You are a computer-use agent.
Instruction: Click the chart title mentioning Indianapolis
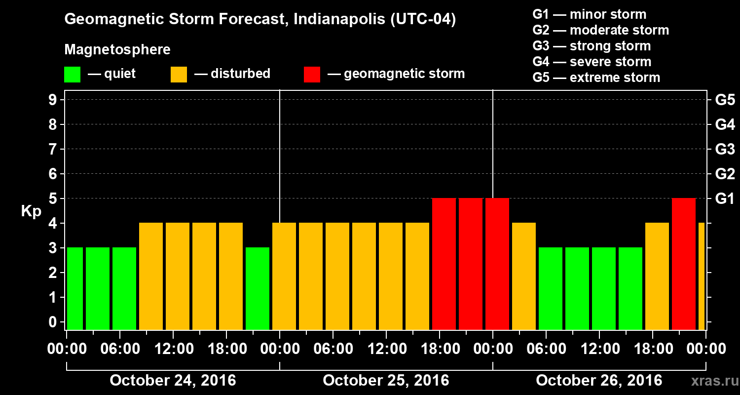click(x=260, y=20)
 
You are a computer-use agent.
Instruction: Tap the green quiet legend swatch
click(x=72, y=75)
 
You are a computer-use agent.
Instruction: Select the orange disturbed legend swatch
click(x=179, y=75)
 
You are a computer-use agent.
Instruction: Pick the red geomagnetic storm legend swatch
click(x=312, y=75)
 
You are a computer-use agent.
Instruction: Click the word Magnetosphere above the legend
click(x=117, y=50)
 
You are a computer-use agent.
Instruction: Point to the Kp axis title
click(x=31, y=211)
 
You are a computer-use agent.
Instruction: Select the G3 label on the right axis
click(x=725, y=149)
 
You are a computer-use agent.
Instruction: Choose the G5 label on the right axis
click(x=725, y=100)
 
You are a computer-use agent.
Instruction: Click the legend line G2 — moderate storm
click(x=600, y=30)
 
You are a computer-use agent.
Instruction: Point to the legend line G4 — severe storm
click(x=592, y=62)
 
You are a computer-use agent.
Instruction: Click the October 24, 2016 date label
click(x=173, y=381)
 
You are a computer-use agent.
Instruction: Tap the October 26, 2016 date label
click(x=599, y=381)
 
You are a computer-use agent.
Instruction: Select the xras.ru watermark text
click(x=711, y=381)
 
